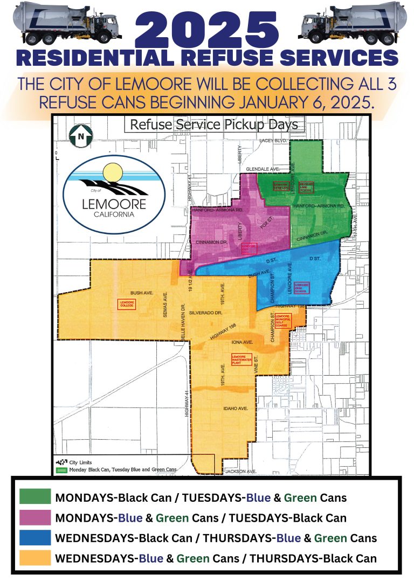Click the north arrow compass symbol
pyautogui.click(x=81, y=136)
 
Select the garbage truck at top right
pyautogui.click(x=354, y=25)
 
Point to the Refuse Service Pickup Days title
pyautogui.click(x=213, y=124)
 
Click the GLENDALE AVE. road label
pyautogui.click(x=263, y=169)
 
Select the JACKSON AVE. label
pyautogui.click(x=240, y=471)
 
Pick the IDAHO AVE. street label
pyautogui.click(x=236, y=409)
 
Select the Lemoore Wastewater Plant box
pyautogui.click(x=241, y=359)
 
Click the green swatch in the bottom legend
pyautogui.click(x=35, y=497)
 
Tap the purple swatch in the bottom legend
pyautogui.click(x=35, y=517)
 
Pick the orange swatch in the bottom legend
pyautogui.click(x=35, y=558)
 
